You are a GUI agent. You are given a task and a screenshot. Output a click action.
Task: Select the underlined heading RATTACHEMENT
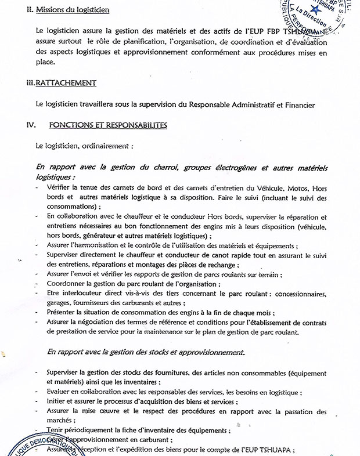click(65, 83)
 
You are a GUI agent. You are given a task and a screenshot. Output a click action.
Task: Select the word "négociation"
click(96, 323)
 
